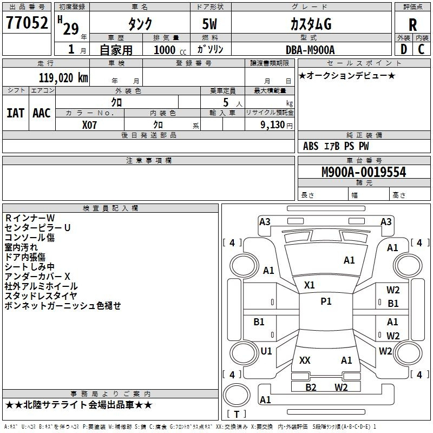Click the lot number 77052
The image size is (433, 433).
(x=27, y=23)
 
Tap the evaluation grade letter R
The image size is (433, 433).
(x=412, y=25)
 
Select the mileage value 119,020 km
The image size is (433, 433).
(x=63, y=78)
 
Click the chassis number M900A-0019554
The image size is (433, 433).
(x=364, y=172)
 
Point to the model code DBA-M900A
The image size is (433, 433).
(x=310, y=50)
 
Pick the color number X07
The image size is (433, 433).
(x=89, y=125)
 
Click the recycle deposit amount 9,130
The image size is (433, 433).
(x=273, y=125)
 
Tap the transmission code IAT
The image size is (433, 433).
(x=15, y=113)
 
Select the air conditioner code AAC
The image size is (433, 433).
(x=42, y=113)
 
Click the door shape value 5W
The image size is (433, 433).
(x=209, y=24)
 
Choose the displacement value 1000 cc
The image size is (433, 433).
(x=170, y=50)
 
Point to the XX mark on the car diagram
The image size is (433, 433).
(x=305, y=360)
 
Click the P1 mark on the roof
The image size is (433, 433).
(x=326, y=301)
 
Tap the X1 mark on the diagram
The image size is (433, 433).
(x=309, y=285)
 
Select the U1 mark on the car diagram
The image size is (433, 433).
(x=266, y=351)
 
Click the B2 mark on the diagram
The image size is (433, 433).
(x=311, y=387)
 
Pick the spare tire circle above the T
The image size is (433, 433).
(x=237, y=395)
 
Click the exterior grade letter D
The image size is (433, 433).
(x=404, y=49)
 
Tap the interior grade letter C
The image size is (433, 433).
(x=421, y=49)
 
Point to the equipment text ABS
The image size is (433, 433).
(x=311, y=146)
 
